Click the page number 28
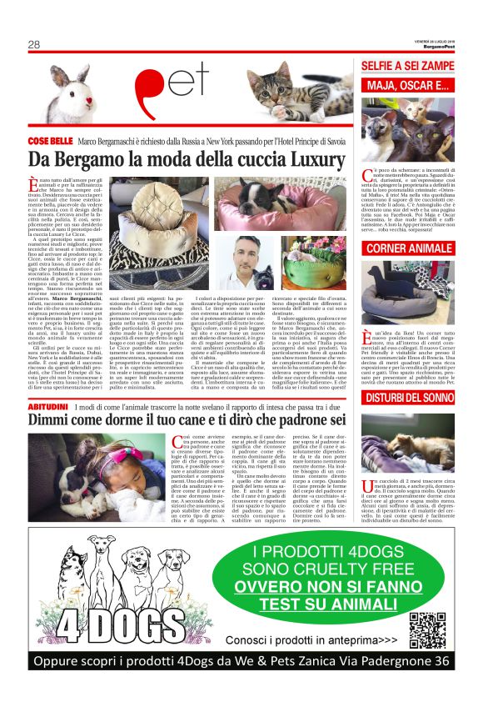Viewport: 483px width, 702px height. (34, 44)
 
